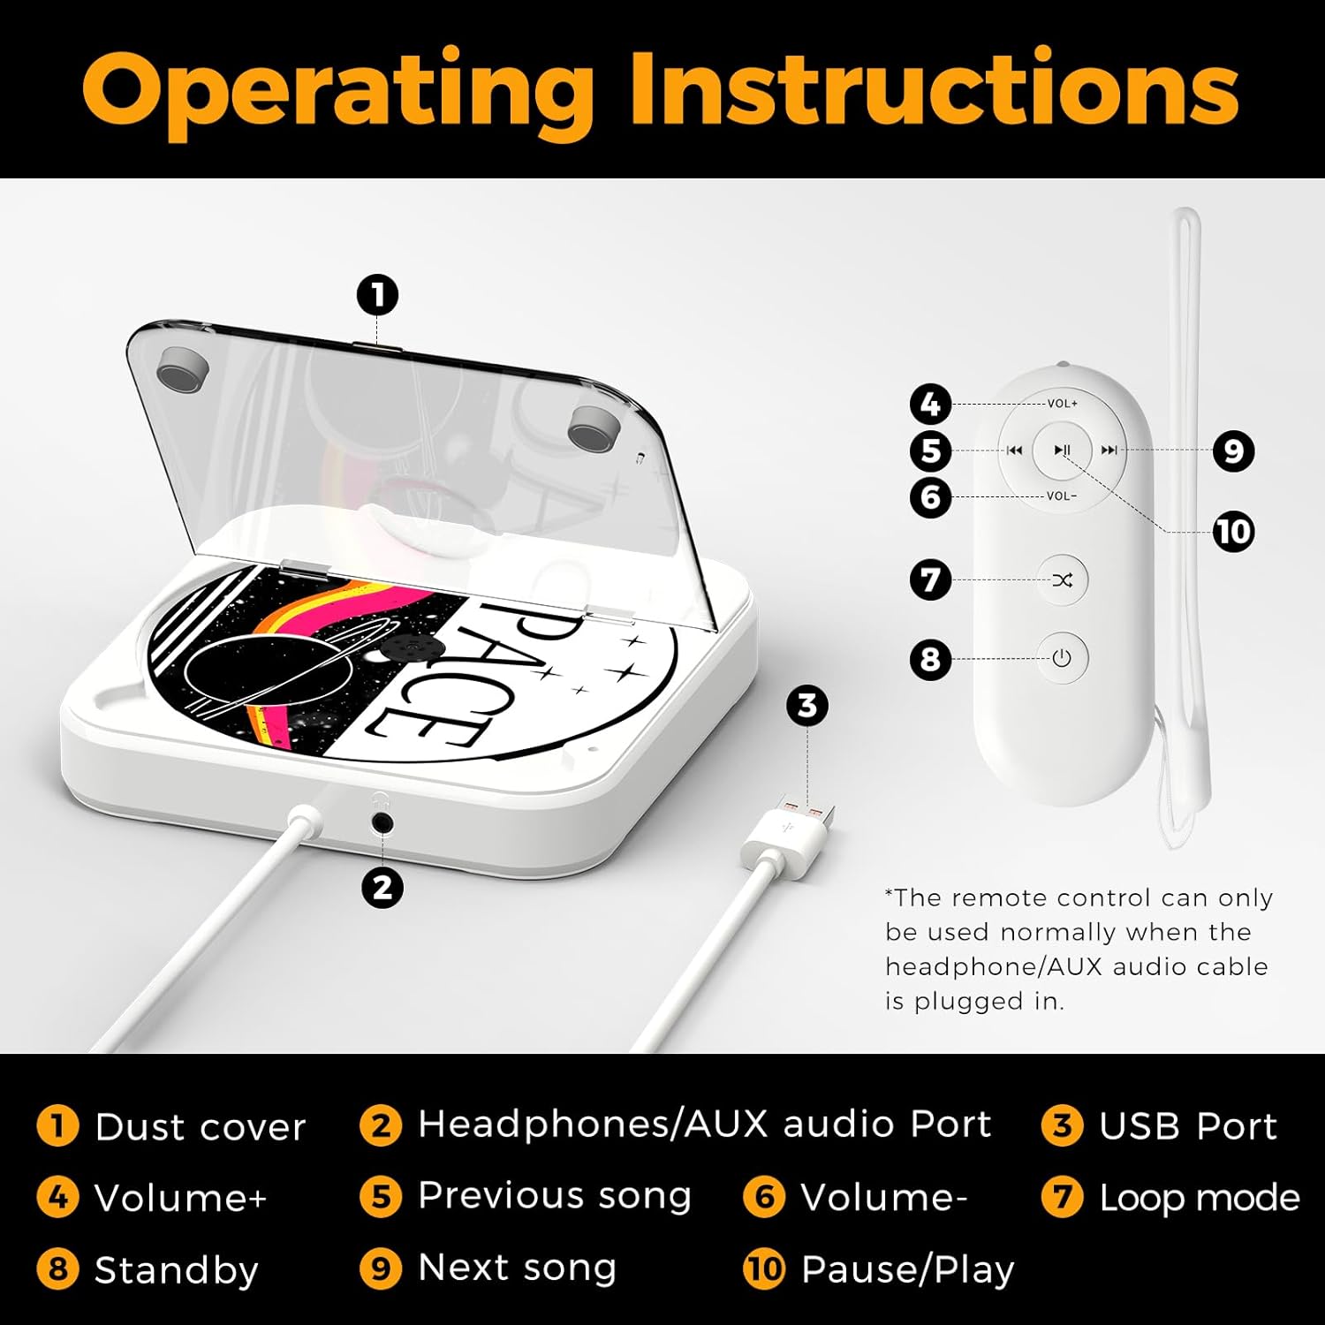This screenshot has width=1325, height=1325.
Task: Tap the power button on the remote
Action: pos(1062,658)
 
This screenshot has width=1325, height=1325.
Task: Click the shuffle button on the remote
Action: pos(1062,580)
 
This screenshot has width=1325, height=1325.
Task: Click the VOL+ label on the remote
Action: pos(1062,404)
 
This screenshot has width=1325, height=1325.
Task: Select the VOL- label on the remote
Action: pos(1061,496)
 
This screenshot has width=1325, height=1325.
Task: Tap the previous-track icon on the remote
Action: pos(1015,450)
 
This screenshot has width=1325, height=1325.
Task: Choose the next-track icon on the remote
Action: pos(1109,450)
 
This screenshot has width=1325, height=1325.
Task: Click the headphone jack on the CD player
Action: pos(382,823)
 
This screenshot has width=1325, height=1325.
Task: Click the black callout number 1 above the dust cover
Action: pos(378,295)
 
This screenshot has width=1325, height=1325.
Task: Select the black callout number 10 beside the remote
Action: pos(1233,532)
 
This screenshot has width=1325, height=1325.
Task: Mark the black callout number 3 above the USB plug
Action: pos(807,706)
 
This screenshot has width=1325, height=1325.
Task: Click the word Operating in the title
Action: pos(337,91)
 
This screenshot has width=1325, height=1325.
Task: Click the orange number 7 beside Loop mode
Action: pos(1062,1197)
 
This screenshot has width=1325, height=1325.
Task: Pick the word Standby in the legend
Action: pos(176,1270)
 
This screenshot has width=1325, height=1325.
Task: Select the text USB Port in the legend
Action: pos(1188,1126)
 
